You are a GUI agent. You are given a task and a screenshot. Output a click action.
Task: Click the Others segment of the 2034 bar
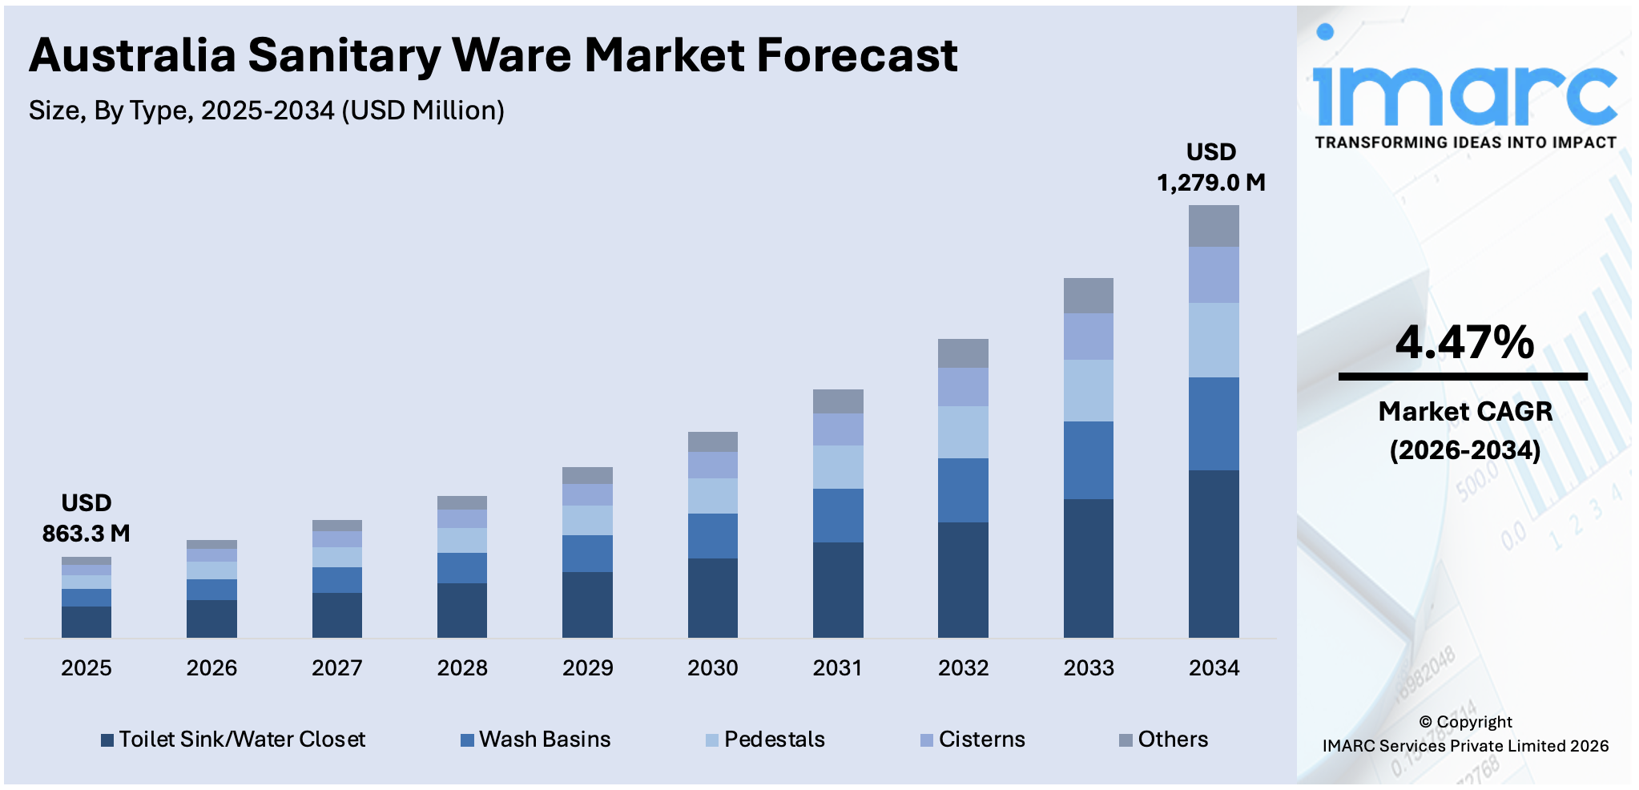1213,226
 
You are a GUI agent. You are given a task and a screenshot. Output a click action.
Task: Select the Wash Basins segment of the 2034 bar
1213,423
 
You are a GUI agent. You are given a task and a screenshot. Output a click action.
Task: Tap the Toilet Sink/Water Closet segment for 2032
962,579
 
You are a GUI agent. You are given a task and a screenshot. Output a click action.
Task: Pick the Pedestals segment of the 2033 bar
1088,390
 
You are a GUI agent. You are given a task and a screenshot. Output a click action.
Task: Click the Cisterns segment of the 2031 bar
837,429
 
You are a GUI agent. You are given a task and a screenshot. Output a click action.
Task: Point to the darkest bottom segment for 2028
461,610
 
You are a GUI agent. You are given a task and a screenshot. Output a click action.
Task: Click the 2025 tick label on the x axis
86,667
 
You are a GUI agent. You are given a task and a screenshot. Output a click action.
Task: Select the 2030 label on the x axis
712,667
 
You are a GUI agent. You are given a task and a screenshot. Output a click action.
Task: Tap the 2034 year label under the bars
1213,667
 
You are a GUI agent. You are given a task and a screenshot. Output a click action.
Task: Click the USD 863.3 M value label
86,518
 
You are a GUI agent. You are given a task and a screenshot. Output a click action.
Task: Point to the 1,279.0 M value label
1210,183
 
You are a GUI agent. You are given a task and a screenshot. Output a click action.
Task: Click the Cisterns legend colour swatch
926,740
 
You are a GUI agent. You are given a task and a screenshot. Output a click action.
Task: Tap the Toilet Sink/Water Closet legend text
242,739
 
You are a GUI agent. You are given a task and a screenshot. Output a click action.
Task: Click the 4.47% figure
1464,342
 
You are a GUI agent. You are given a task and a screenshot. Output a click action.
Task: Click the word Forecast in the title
856,55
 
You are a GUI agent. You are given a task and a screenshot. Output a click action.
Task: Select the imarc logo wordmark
1464,95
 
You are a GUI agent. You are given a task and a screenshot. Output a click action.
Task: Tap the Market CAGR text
1464,411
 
